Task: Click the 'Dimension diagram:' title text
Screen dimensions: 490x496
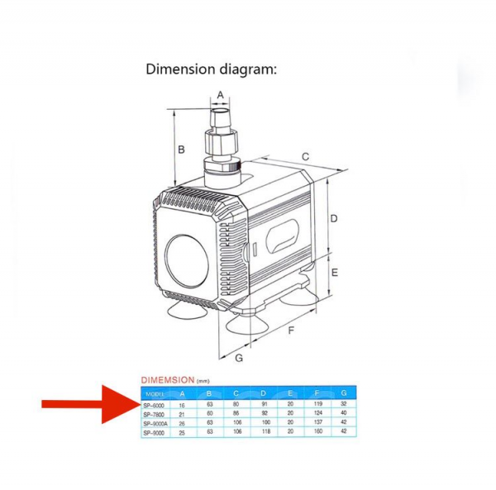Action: click(x=211, y=69)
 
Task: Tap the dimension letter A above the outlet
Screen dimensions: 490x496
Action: click(x=221, y=95)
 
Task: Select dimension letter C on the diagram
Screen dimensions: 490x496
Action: click(x=305, y=156)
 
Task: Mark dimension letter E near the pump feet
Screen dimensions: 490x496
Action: click(x=335, y=272)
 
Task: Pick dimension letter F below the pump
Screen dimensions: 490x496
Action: click(x=292, y=331)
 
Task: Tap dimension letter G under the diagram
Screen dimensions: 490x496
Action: click(x=239, y=358)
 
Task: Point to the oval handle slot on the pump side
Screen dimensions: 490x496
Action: click(x=282, y=239)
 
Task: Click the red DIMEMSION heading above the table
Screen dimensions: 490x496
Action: click(x=168, y=380)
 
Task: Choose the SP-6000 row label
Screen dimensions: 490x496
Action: click(x=154, y=406)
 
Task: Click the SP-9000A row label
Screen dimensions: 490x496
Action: click(x=155, y=423)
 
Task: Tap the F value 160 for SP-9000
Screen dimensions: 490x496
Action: click(x=317, y=432)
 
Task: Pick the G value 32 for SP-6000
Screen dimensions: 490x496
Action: click(x=344, y=406)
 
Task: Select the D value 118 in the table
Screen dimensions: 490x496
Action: click(x=263, y=432)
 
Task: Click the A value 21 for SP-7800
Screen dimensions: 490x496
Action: click(x=182, y=414)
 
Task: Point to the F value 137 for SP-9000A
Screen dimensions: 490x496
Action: click(x=317, y=423)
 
